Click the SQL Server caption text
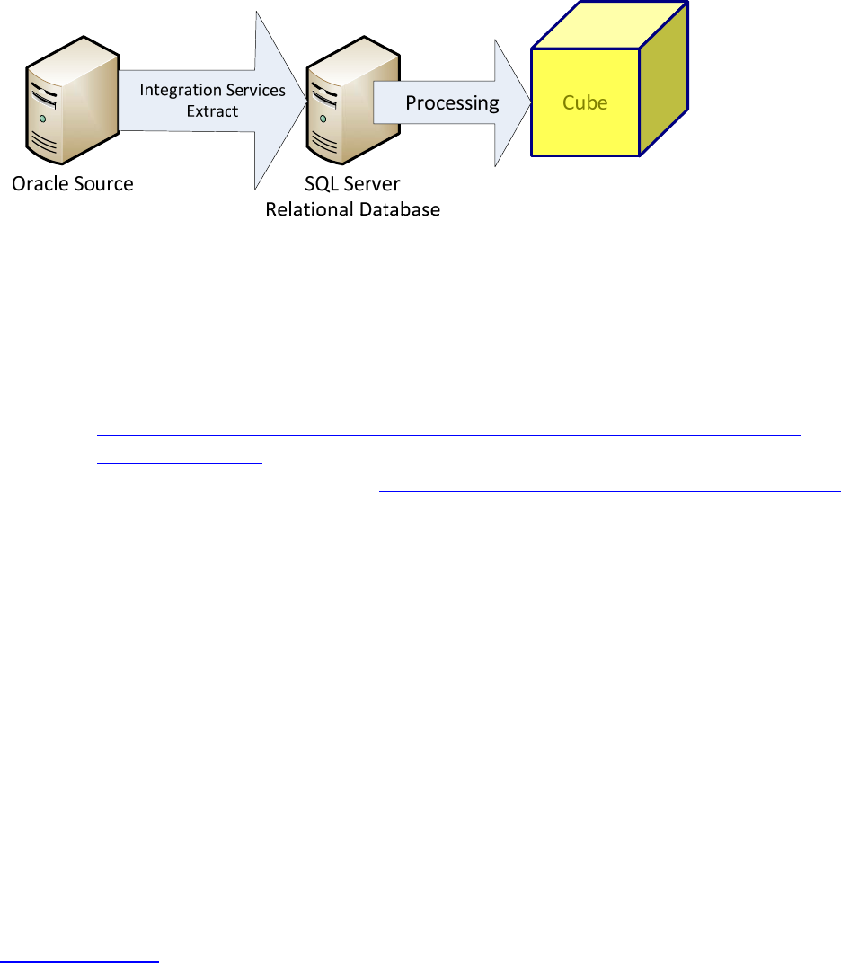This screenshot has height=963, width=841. [352, 184]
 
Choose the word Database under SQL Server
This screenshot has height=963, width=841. [400, 209]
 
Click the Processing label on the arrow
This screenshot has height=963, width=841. [452, 102]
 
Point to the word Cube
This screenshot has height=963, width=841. [585, 102]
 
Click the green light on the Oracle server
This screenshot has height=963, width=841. [43, 119]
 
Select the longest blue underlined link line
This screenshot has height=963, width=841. [447, 434]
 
